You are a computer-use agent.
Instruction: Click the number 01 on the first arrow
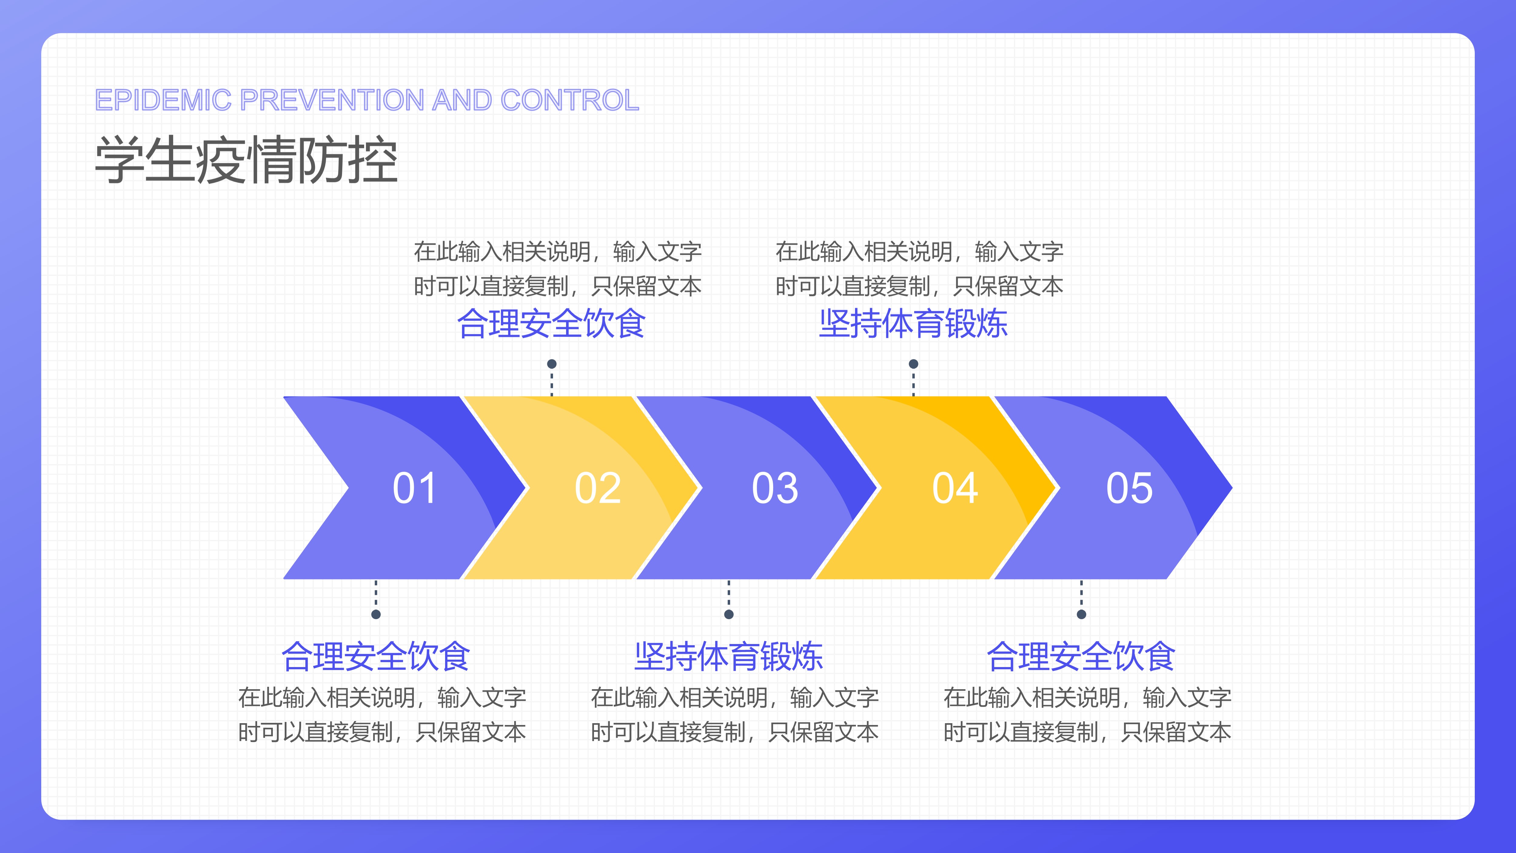[x=414, y=488]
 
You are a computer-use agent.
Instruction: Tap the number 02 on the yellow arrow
[x=598, y=488]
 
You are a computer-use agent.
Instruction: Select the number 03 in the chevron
[x=775, y=488]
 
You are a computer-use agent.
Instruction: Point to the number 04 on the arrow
[x=955, y=488]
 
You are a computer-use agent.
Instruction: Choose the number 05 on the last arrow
[x=1129, y=488]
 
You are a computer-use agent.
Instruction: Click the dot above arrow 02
[x=552, y=364]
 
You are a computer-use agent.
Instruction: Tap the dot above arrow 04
[x=913, y=364]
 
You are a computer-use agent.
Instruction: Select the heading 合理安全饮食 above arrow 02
[x=552, y=324]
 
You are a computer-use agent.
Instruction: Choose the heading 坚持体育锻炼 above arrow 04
[x=913, y=324]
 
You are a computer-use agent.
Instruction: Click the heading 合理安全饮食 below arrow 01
[x=376, y=656]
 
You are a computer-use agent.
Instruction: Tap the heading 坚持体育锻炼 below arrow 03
[x=729, y=656]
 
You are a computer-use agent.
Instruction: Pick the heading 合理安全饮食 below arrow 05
[x=1081, y=656]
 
